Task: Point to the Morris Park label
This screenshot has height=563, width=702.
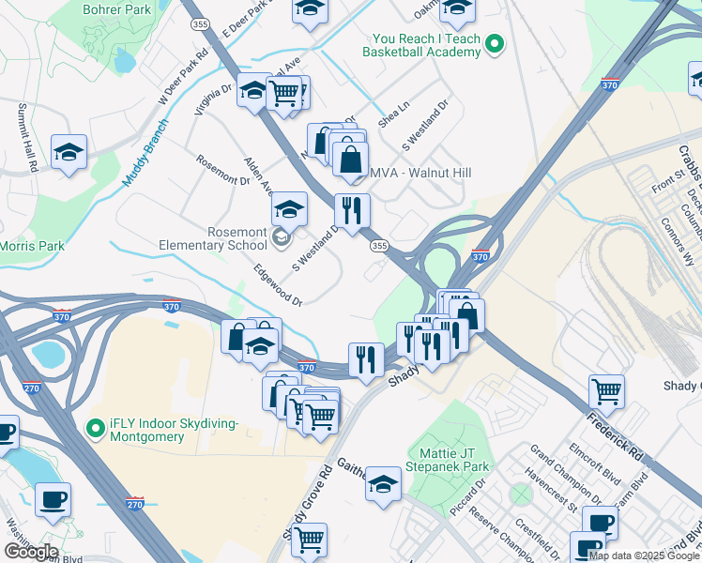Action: pos(32,246)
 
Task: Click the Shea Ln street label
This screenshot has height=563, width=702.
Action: pos(393,115)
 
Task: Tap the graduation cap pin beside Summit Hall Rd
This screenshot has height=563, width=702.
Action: pos(69,153)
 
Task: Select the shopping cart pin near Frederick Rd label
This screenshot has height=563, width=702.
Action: pos(607,390)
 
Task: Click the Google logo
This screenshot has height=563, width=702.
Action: pos(31,552)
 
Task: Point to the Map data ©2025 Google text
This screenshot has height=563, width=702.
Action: pos(644,555)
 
